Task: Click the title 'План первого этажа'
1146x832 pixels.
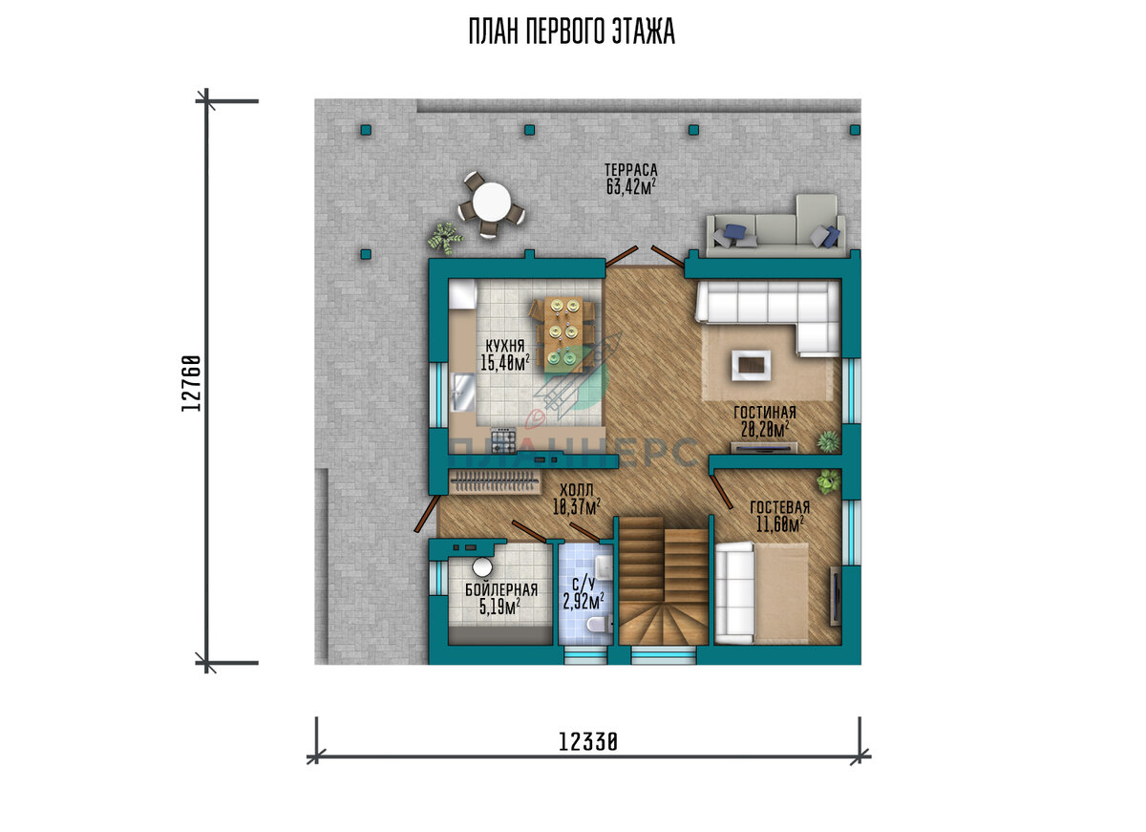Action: tap(572, 32)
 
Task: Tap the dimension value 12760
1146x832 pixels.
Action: tap(191, 383)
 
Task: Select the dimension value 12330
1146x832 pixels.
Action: tap(588, 742)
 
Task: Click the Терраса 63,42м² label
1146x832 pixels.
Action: tap(631, 179)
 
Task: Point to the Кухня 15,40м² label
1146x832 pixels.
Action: tap(504, 354)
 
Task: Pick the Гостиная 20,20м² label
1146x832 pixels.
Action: tap(765, 421)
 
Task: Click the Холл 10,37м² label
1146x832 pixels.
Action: tap(577, 499)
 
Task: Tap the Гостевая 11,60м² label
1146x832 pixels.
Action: tap(779, 516)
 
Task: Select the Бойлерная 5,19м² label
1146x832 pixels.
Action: tap(500, 599)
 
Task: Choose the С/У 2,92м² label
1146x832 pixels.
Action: tap(584, 594)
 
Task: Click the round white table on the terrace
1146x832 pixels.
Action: tap(491, 203)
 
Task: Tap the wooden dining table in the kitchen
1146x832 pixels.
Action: tap(562, 334)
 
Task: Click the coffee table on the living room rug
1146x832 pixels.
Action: tap(751, 365)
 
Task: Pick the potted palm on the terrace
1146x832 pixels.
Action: tap(446, 238)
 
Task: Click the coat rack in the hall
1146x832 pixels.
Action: tap(495, 481)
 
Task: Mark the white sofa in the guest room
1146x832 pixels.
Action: tap(734, 593)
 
